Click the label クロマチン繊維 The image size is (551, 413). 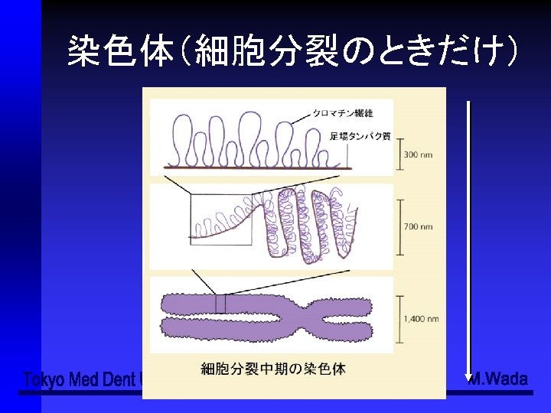click(342, 112)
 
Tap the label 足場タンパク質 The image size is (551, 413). click(360, 136)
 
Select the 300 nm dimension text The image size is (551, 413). click(418, 154)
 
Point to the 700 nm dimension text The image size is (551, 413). click(419, 226)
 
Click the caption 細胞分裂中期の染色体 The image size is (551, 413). click(272, 369)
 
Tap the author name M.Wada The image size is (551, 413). click(498, 379)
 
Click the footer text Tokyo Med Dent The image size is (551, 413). click(80, 380)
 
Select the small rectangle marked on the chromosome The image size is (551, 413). click(221, 304)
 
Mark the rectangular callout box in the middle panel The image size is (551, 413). click(221, 219)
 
